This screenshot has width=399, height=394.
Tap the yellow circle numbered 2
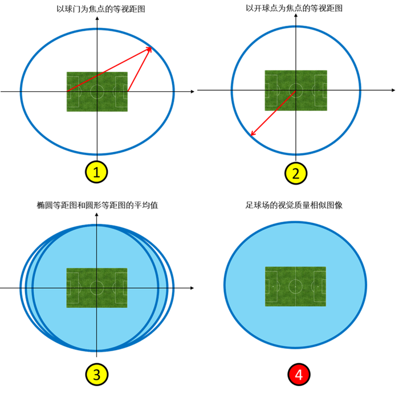(296, 173)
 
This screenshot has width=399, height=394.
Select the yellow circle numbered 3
(96, 375)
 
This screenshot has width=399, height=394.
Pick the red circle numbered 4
(298, 375)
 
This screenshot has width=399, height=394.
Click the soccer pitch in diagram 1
(97, 91)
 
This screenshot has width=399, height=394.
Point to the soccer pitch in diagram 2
(296, 90)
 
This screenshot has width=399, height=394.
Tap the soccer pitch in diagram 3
(96, 288)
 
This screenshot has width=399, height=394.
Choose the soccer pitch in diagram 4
(295, 286)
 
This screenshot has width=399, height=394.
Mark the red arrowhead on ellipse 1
(152, 48)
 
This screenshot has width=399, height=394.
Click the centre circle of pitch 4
(295, 286)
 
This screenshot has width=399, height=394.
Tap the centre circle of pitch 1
(97, 91)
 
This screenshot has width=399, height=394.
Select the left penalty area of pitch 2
(271, 90)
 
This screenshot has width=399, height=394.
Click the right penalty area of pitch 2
(321, 90)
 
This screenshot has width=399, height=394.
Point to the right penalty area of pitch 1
(121, 91)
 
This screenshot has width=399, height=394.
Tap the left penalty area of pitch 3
(73, 288)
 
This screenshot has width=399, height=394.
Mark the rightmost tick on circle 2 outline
(360, 90)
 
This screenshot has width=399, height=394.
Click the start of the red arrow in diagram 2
(295, 91)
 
